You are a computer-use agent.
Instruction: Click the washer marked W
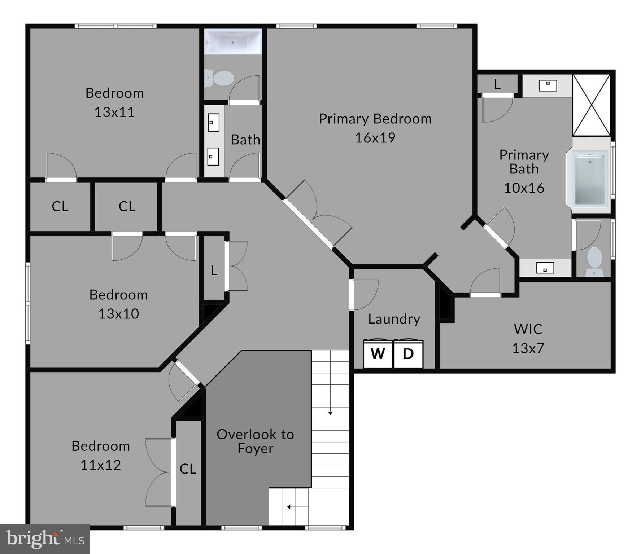pos(378,354)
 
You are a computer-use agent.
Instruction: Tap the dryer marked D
pos(408,354)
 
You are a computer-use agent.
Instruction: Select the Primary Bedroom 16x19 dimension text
pos(375,137)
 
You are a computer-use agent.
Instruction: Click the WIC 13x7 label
pos(528,338)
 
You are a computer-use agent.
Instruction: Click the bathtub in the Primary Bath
pos(589,179)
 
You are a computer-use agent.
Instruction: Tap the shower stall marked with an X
pos(591,105)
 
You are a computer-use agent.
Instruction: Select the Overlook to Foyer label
pos(255,441)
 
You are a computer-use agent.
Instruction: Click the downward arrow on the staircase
pos(330,413)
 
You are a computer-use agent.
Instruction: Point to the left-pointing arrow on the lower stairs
pos(289,507)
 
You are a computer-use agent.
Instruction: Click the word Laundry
pos(394,319)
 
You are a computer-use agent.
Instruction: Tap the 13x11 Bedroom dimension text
pos(114,112)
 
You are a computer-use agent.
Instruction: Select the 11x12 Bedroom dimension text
pos(100,465)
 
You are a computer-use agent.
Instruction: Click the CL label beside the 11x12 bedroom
pos(188,469)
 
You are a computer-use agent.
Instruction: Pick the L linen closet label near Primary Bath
pos(497,84)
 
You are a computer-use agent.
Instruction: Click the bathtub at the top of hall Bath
pos(233,42)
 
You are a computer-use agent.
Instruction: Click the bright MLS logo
pos(45,539)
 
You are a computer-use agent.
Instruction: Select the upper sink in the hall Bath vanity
pos(213,122)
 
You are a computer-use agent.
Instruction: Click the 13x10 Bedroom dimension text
pos(118,313)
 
